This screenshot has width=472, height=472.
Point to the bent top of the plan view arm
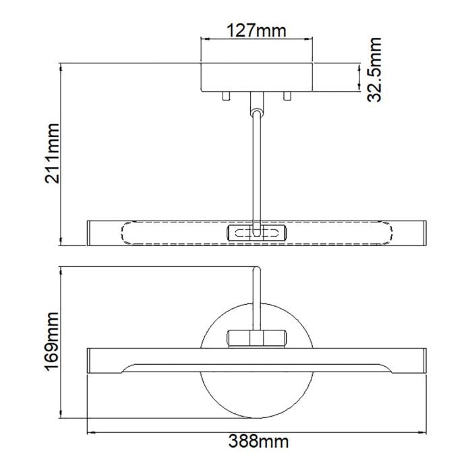click(x=257, y=270)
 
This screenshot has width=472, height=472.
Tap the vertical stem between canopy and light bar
click(x=256, y=169)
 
